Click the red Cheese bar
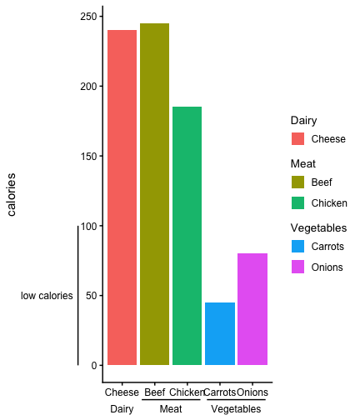tap(122, 197)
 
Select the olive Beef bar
tap(154, 194)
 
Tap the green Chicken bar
tap(187, 236)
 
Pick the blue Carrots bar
tap(220, 333)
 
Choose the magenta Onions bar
tap(252, 309)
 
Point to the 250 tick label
tap(88, 17)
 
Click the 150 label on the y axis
tap(88, 156)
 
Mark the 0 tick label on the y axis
tap(94, 366)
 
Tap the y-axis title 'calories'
tap(12, 194)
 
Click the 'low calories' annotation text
tap(47, 296)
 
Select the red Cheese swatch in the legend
tap(297, 138)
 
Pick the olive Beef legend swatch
tap(297, 182)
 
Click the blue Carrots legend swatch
tap(297, 246)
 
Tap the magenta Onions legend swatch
tap(297, 267)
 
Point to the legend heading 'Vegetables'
tap(318, 228)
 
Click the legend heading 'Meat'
tap(303, 163)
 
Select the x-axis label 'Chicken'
tap(187, 392)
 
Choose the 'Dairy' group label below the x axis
tap(122, 409)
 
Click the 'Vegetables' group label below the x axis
tap(236, 409)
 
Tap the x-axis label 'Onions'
tap(252, 392)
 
